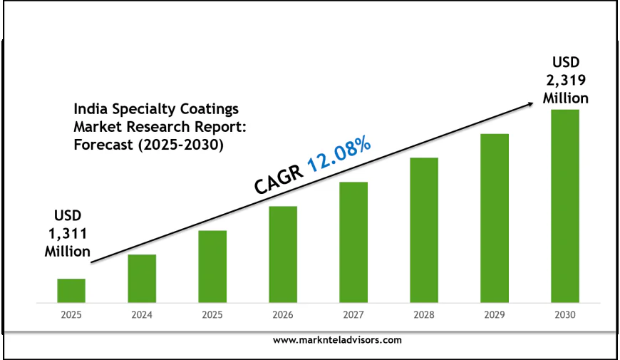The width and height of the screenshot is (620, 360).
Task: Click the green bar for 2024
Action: (x=142, y=278)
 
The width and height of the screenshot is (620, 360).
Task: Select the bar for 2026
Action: (x=283, y=254)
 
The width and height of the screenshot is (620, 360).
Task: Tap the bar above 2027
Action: (x=353, y=242)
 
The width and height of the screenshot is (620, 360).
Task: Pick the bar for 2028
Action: (x=424, y=230)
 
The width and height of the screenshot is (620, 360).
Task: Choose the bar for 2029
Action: (x=495, y=217)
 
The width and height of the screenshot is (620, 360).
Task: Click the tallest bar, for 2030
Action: (x=565, y=205)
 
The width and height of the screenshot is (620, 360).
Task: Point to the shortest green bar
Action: (x=71, y=290)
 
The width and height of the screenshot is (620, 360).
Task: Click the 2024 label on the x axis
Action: (x=142, y=314)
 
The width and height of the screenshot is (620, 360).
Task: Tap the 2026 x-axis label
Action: (x=283, y=314)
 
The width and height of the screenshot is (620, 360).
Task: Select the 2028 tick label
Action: (x=424, y=314)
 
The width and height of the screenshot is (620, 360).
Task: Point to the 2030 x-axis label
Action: (x=565, y=314)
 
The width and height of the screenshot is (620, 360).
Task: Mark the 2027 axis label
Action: (x=353, y=314)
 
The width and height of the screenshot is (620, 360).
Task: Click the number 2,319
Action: (x=565, y=80)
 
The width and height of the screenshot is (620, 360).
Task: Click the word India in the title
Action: (x=88, y=109)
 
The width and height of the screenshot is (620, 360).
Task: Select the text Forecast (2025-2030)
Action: (x=149, y=145)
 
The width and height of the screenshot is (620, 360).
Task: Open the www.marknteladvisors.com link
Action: (x=337, y=341)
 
